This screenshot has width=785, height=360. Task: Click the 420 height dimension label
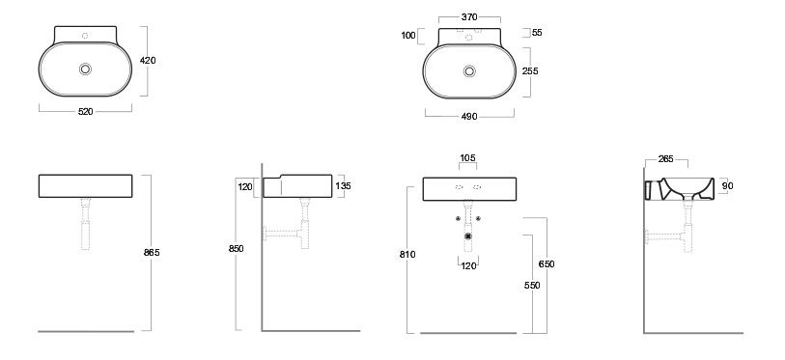[x=148, y=61]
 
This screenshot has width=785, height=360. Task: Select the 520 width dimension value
[x=86, y=112]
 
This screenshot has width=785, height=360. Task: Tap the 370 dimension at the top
[x=469, y=17]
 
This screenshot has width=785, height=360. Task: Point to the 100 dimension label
[x=408, y=36]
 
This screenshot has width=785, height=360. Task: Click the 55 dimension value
[x=537, y=33]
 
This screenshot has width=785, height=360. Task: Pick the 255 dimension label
[x=530, y=71]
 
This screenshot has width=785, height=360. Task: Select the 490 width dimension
[x=469, y=117]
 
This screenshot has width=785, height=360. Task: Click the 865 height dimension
[x=152, y=253]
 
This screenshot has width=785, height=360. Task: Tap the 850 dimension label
[x=236, y=249]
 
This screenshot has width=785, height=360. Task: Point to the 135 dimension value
[x=344, y=186]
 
